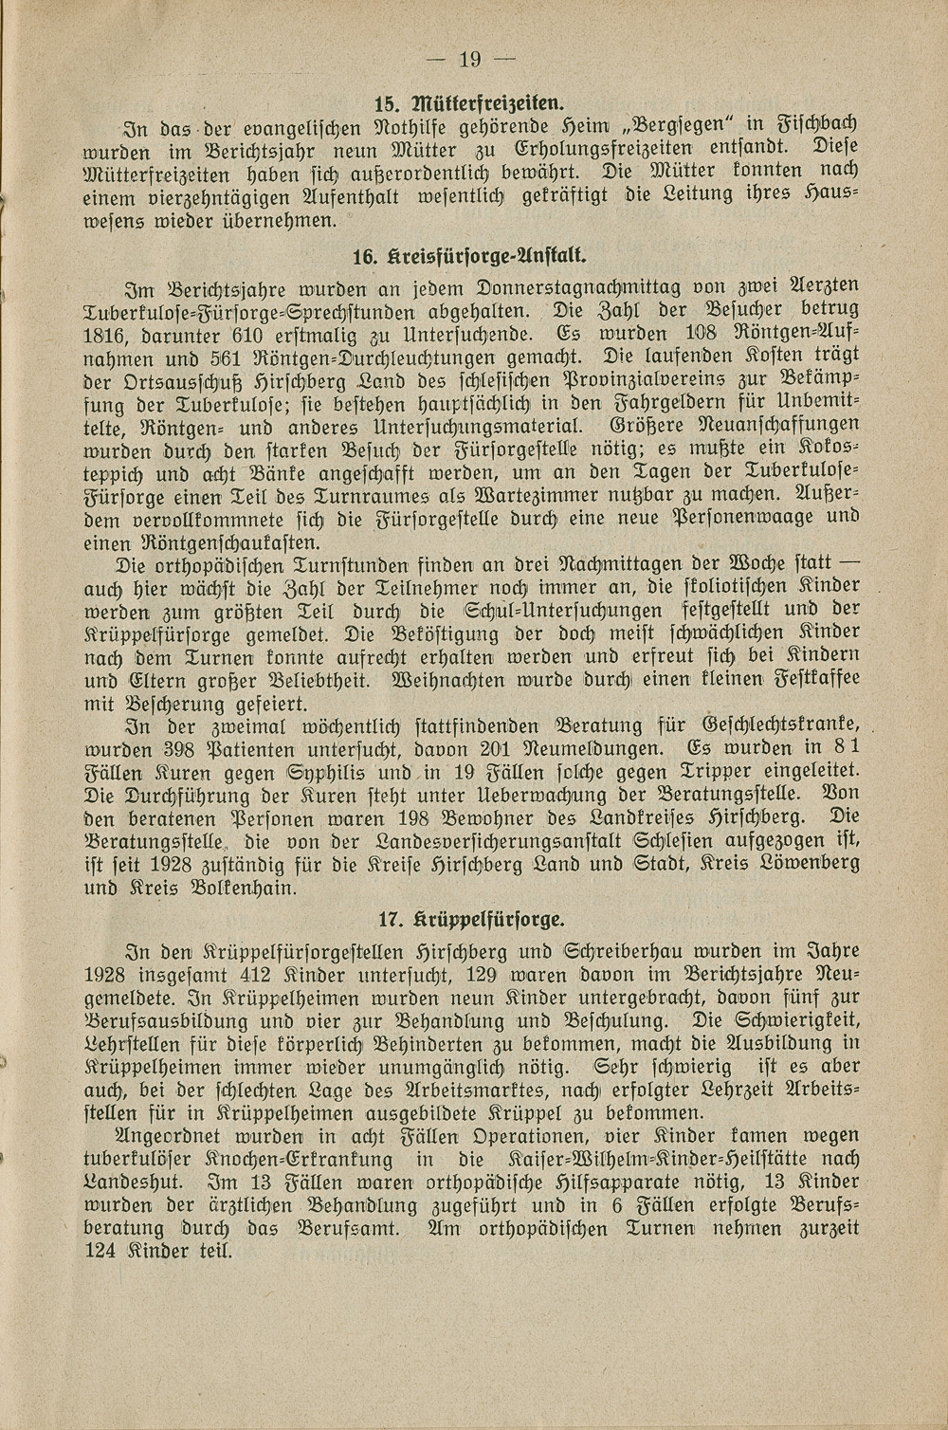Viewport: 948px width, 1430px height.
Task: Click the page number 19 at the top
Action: click(470, 61)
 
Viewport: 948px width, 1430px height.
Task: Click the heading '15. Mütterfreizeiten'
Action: click(471, 100)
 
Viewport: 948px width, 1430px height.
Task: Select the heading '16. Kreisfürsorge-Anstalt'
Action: click(470, 255)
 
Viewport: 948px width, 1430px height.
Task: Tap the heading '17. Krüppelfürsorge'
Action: click(471, 918)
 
